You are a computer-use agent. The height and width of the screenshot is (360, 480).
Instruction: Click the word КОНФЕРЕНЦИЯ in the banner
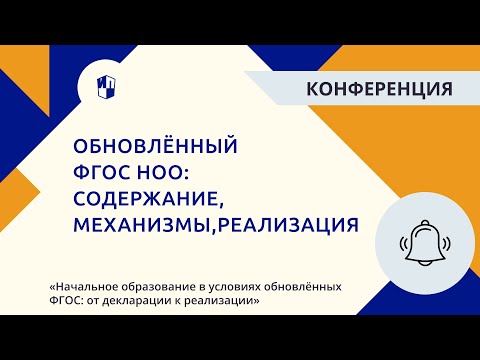[x=379, y=87]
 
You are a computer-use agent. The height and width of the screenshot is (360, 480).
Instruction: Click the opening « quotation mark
[x=50, y=286]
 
